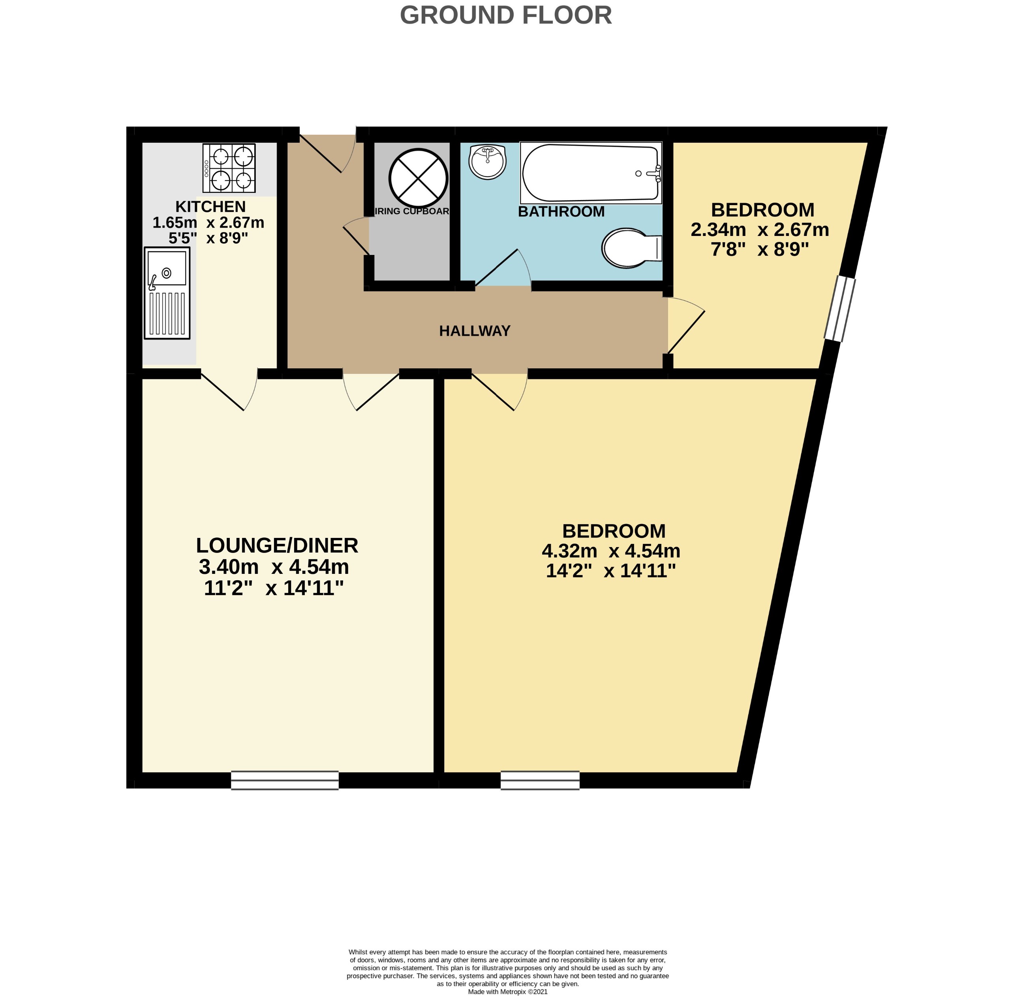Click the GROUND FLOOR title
point(505,15)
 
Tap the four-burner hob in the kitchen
point(229,168)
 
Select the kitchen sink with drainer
point(167,292)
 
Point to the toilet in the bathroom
point(631,248)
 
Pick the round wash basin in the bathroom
point(487,161)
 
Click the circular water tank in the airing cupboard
point(418,178)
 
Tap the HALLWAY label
point(474,330)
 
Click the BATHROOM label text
point(561,212)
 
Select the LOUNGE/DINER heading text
point(277,545)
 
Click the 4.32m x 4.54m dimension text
point(610,551)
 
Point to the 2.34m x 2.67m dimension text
point(760,230)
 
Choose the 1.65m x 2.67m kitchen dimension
point(208,223)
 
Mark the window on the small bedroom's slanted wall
point(840,309)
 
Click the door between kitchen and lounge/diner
point(229,390)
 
